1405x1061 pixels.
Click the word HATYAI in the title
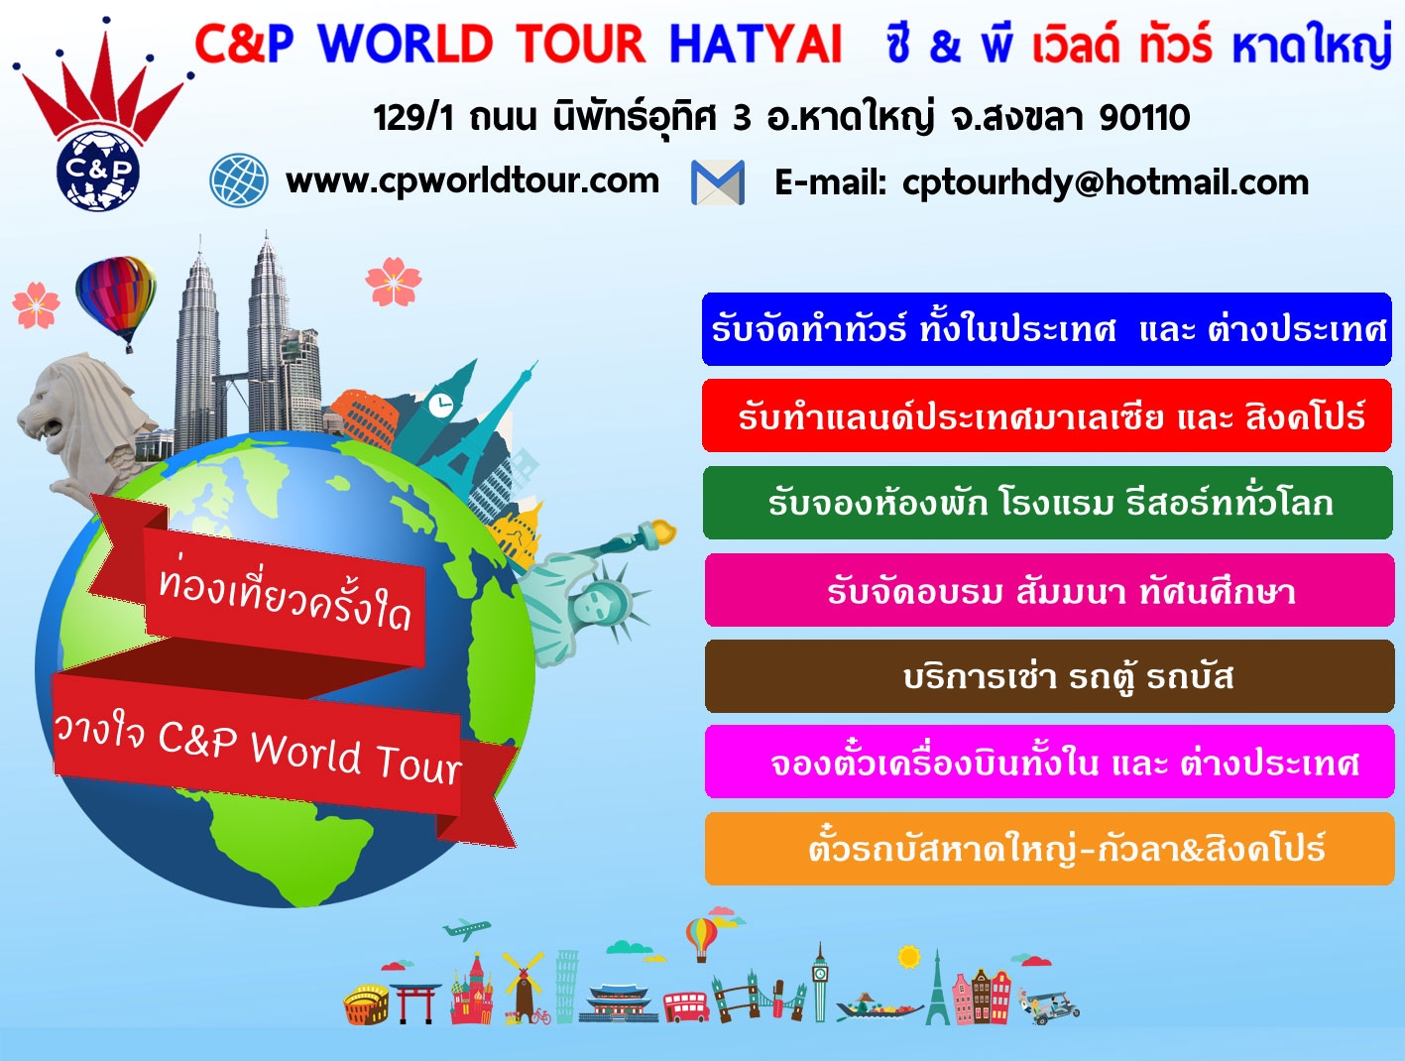point(756,45)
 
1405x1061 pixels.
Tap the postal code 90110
point(1144,118)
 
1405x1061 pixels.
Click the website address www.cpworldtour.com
point(472,181)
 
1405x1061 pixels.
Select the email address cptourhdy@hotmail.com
point(1106,183)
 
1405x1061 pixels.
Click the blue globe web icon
point(239,179)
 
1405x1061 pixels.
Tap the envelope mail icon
point(718,182)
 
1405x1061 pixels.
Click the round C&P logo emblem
point(98,171)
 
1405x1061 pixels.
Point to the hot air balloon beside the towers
point(116,300)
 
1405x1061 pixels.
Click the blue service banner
point(1046,329)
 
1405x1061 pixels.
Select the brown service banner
point(1049,675)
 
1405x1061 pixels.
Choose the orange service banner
point(1049,849)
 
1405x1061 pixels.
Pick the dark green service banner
point(1048,503)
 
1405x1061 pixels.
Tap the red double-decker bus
point(686,1006)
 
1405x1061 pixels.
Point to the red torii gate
point(415,1002)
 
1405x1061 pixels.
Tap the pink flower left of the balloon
point(36,305)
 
